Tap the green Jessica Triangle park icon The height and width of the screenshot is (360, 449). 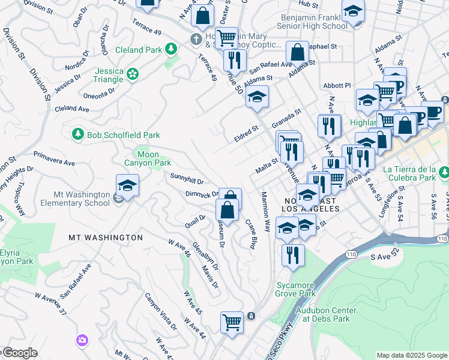133,74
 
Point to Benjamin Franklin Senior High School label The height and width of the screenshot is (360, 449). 314,22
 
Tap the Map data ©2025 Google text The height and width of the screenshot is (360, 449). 412,355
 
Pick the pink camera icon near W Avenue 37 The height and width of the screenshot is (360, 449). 82,341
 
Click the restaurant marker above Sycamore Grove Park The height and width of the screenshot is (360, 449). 293,256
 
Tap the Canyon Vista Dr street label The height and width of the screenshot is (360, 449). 161,312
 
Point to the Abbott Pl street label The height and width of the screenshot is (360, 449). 336,86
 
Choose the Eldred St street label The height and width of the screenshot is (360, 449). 246,133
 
